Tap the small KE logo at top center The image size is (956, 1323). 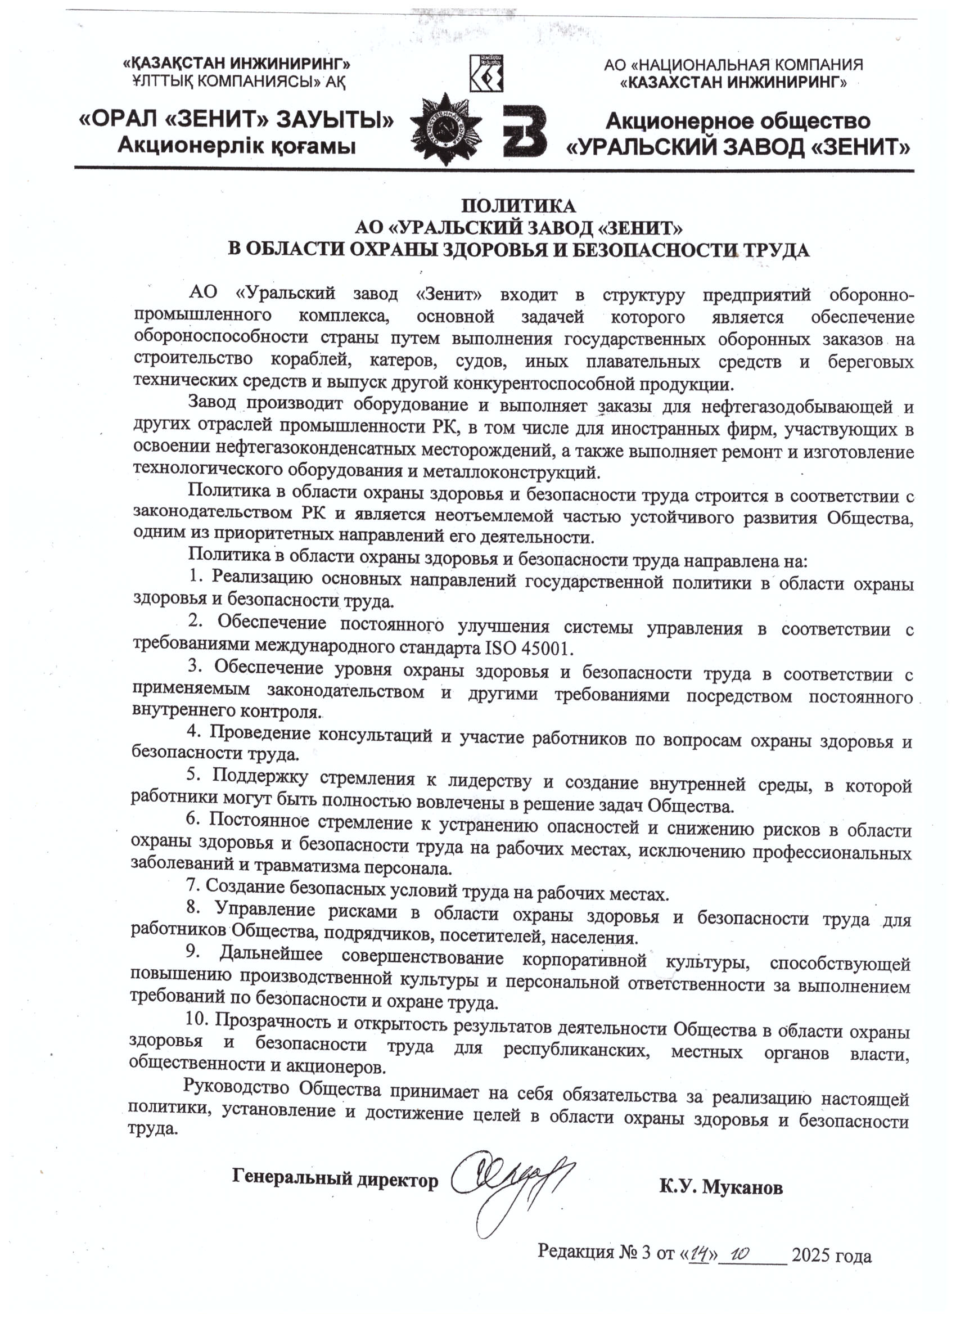pyautogui.click(x=486, y=74)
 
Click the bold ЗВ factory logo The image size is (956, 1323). pyautogui.click(x=524, y=130)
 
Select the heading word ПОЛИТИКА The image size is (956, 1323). pyautogui.click(x=518, y=206)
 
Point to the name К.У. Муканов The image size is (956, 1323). pyautogui.click(x=721, y=1186)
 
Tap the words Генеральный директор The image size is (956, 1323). pyautogui.click(x=335, y=1179)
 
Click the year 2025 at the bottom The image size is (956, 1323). pyautogui.click(x=811, y=1255)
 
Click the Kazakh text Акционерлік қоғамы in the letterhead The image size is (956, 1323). pyautogui.click(x=236, y=145)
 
